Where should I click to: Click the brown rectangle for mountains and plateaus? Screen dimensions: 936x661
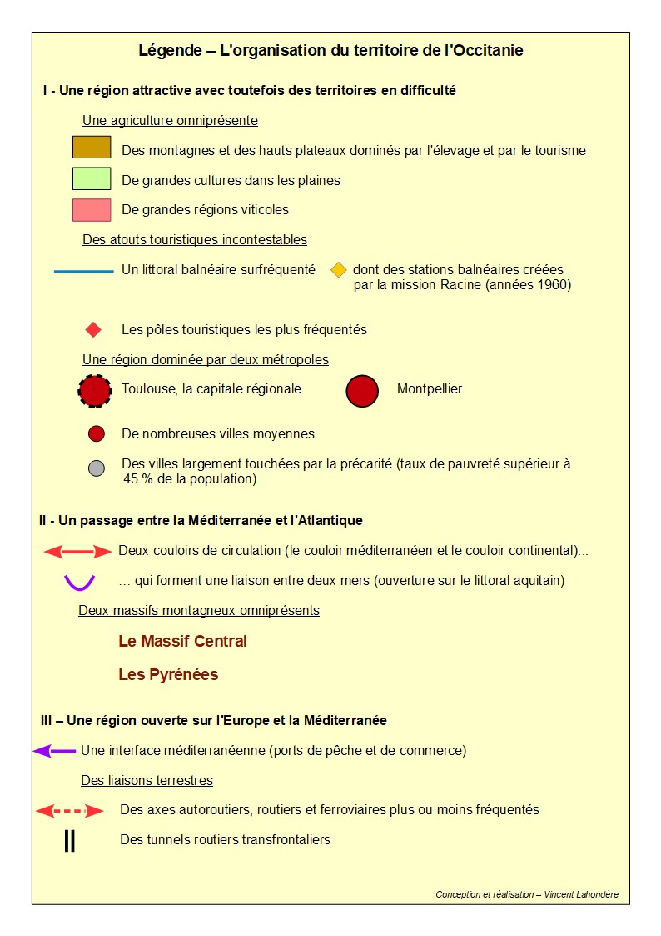pos(92,148)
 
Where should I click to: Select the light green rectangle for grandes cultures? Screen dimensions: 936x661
pos(92,178)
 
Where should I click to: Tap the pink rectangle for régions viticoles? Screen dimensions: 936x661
pos(92,209)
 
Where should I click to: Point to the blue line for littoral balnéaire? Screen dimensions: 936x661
pos(83,271)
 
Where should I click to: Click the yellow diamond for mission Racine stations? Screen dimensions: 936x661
pos(338,270)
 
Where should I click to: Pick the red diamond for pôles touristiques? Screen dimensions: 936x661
pos(93,329)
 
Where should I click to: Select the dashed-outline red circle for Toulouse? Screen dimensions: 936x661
pos(95,390)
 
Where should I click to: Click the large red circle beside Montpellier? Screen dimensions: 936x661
pos(362,390)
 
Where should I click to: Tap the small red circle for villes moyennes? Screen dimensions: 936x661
pos(96,433)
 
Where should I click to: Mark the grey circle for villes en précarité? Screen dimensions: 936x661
pos(96,468)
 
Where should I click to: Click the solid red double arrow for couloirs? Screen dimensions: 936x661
pos(77,552)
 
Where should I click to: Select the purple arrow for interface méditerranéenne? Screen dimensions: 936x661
pos(54,751)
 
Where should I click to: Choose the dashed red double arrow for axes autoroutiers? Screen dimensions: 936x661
pos(70,810)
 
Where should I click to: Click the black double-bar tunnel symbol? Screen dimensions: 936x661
pos(70,841)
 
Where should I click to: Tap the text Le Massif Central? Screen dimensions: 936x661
pos(182,642)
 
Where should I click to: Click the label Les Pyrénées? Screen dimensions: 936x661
pos(168,675)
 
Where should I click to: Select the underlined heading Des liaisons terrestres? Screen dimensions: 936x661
pos(147,781)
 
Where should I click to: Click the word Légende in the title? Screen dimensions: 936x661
pos(168,51)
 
